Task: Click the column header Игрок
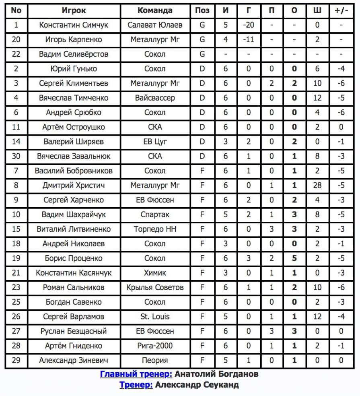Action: pos(74,10)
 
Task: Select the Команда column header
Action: pos(155,10)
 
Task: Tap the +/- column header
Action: pos(341,10)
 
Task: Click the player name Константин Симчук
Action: pos(74,25)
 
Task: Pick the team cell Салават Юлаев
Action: pos(155,25)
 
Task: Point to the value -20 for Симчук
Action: pos(249,25)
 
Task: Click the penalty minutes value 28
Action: pos(317,186)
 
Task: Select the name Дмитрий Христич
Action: pos(74,186)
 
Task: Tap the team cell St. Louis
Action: pos(155,317)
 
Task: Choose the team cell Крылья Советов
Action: pos(155,287)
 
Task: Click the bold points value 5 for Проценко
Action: pos(294,258)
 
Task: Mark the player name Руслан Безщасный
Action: pos(74,331)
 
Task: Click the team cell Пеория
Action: pos(155,360)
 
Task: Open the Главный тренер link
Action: pos(136,374)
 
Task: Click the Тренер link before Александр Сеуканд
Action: pos(136,385)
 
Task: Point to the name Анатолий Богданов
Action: pos(216,374)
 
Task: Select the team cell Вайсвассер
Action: pos(155,98)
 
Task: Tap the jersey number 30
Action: pos(16,156)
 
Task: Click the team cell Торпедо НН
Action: pos(155,229)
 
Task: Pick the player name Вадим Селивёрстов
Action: pos(74,54)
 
